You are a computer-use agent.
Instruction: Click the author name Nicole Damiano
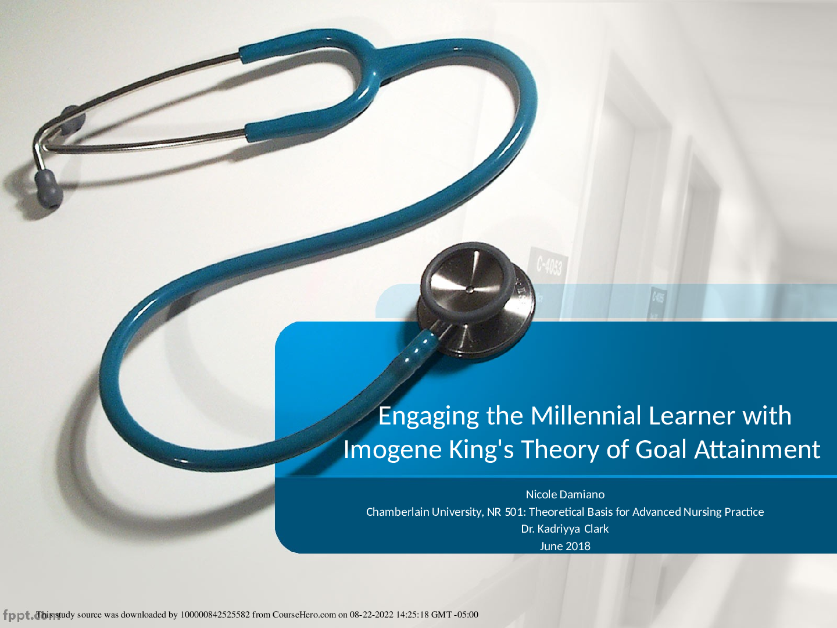pos(565,494)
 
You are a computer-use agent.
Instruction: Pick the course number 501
pos(514,512)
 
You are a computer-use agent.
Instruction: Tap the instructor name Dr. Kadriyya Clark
pos(565,529)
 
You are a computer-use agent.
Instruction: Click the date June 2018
pos(565,546)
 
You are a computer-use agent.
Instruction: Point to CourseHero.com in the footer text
pos(304,615)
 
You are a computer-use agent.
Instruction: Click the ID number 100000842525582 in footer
pos(215,615)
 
